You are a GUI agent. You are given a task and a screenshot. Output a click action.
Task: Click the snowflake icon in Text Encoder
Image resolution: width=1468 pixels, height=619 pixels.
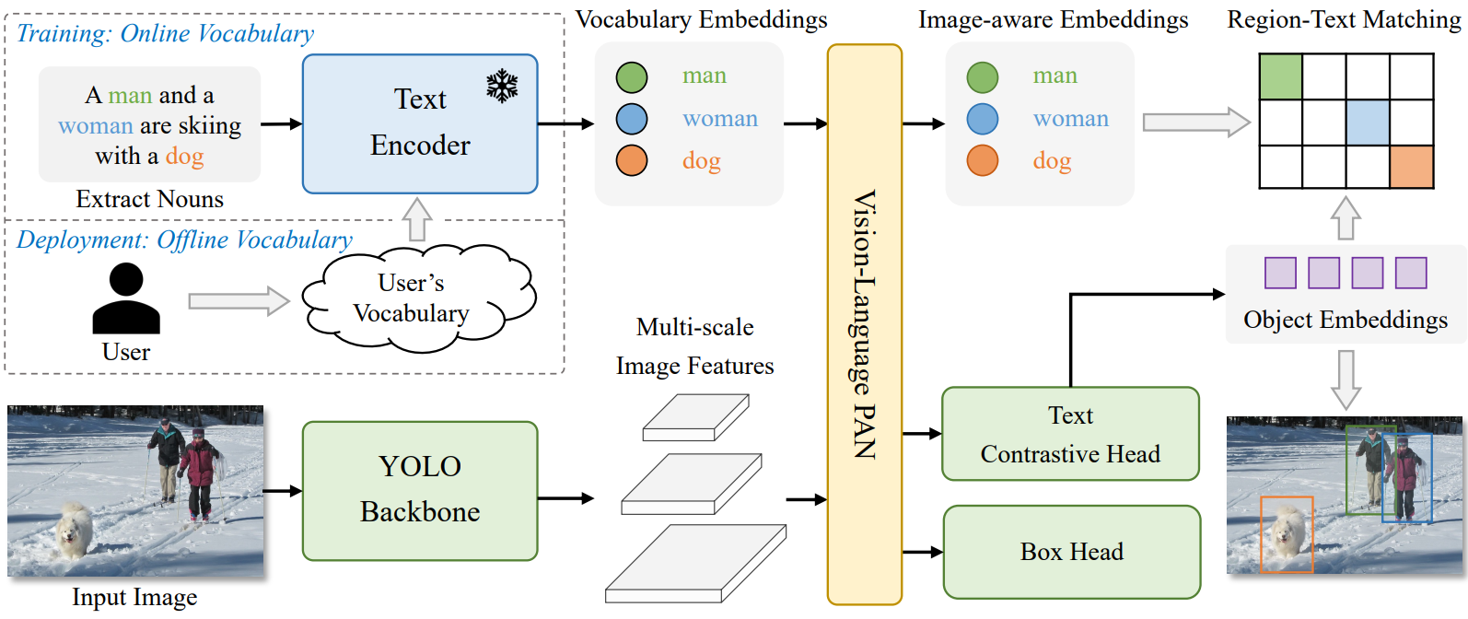(x=502, y=86)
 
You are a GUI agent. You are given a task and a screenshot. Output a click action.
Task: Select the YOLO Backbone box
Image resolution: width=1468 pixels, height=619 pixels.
(x=420, y=490)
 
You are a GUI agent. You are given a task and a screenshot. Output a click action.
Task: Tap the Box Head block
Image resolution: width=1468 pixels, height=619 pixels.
(x=1071, y=552)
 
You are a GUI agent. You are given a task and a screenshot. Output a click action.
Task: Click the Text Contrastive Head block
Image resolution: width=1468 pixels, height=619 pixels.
(x=1070, y=434)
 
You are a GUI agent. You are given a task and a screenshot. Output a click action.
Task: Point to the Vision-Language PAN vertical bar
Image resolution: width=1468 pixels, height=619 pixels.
(x=865, y=324)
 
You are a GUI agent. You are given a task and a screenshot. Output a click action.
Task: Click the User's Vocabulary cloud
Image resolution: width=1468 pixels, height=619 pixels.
(x=418, y=298)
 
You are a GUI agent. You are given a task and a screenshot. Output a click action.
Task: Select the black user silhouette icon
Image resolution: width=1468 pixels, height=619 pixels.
(x=126, y=298)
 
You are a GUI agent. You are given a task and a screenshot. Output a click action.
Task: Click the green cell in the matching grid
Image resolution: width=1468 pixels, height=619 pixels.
(x=1280, y=76)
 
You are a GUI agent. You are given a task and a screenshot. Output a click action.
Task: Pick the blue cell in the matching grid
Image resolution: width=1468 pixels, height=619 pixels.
(x=1368, y=122)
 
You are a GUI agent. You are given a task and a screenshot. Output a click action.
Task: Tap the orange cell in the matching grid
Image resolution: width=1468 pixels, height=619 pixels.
(x=1412, y=167)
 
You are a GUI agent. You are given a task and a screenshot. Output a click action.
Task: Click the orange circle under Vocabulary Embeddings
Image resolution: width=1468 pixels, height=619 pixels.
(x=632, y=160)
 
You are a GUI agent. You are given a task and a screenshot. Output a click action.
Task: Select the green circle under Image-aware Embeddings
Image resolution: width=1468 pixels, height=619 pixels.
(x=983, y=76)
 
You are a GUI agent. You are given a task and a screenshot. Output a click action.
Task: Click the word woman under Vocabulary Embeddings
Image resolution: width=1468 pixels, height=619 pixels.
(x=720, y=118)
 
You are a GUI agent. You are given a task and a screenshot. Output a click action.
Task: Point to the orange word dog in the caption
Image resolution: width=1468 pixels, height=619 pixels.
(x=184, y=156)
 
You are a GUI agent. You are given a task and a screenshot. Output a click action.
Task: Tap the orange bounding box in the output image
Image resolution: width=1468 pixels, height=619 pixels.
(x=1287, y=534)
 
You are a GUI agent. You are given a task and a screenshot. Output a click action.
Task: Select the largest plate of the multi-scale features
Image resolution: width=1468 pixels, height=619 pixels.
(x=695, y=563)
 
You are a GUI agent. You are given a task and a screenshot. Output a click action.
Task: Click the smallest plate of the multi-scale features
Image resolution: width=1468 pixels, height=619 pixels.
(x=695, y=417)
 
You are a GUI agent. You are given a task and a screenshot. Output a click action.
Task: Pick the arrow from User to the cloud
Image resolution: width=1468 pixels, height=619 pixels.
(x=239, y=301)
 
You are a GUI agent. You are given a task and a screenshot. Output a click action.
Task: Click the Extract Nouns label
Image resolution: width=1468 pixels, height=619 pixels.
(x=149, y=199)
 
